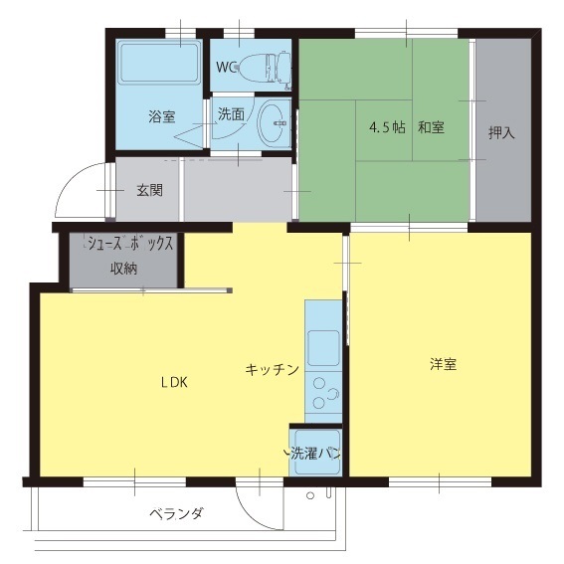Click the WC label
tap(226, 67)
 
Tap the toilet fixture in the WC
tap(264, 69)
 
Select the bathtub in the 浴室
tap(160, 63)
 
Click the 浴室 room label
tap(162, 117)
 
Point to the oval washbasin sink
tap(273, 123)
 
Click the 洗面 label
tap(232, 114)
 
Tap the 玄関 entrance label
tap(149, 190)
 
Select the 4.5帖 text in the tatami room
tap(387, 127)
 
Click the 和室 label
tap(431, 127)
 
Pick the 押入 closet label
tap(501, 133)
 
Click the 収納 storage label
tap(123, 269)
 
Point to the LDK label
tap(174, 382)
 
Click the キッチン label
tap(273, 370)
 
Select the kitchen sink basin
tap(323, 348)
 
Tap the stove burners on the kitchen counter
tap(325, 393)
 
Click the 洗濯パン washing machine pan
tap(316, 453)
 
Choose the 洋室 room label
tap(444, 364)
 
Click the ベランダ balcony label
tap(176, 513)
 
